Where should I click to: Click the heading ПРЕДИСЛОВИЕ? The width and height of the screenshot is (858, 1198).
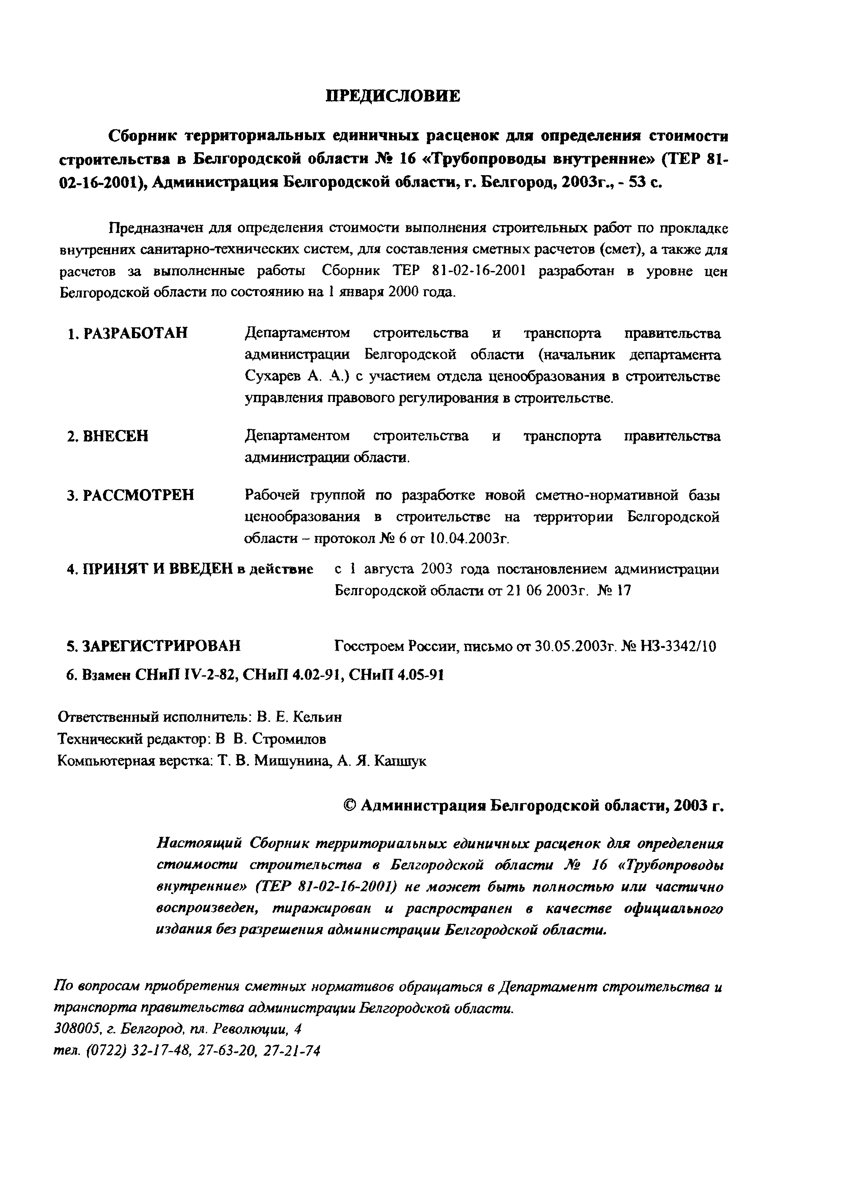[392, 96]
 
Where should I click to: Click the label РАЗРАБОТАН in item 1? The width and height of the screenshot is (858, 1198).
[136, 334]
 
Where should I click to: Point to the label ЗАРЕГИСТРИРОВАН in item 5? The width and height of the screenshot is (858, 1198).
[162, 646]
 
